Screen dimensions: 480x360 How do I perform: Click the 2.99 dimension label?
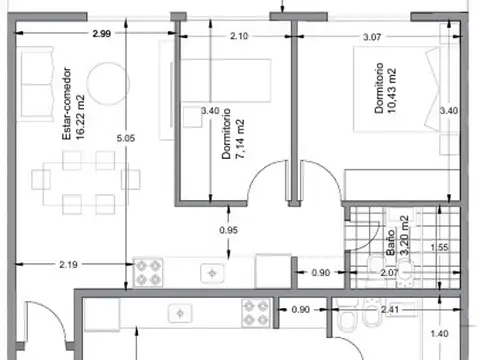click(102, 33)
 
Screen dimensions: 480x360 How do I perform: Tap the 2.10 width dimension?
click(239, 36)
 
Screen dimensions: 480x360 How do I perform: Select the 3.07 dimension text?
click(372, 37)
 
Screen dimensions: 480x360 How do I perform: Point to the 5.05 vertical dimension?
click(126, 138)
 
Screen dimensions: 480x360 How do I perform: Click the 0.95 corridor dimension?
click(229, 230)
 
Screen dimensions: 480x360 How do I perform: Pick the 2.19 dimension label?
click(68, 265)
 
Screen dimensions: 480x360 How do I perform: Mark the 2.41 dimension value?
click(390, 310)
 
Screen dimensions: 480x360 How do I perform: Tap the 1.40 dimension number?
click(439, 334)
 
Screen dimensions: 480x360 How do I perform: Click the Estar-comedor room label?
click(67, 104)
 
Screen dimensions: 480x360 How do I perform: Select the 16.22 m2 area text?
click(80, 117)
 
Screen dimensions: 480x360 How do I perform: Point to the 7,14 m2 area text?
click(240, 139)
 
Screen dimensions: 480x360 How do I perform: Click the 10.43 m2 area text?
click(392, 91)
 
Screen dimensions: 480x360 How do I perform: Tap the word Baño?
click(391, 242)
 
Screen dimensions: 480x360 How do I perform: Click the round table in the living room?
click(108, 83)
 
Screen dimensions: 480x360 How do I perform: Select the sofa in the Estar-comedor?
click(36, 84)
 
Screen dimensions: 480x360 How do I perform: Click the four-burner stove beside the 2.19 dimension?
click(148, 272)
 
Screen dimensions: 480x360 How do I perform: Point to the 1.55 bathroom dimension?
click(439, 248)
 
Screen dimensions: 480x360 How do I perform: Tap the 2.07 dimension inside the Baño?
click(389, 273)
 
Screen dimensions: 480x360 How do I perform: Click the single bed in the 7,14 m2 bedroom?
click(226, 80)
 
